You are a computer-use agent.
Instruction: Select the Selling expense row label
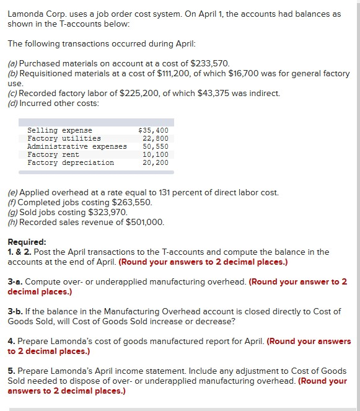[59, 130]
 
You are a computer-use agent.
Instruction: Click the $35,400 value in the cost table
[154, 130]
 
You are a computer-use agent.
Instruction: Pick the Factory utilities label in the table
[64, 138]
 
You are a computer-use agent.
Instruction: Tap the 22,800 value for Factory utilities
[156, 138]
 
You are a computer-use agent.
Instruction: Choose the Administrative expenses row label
[77, 146]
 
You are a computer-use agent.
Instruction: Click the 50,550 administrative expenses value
[156, 146]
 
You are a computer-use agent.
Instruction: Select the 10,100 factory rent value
[156, 154]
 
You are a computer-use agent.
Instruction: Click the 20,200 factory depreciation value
[156, 162]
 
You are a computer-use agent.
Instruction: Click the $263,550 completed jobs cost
[131, 202]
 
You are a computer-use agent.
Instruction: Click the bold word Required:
[27, 242]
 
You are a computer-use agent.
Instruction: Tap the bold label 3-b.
[15, 311]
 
